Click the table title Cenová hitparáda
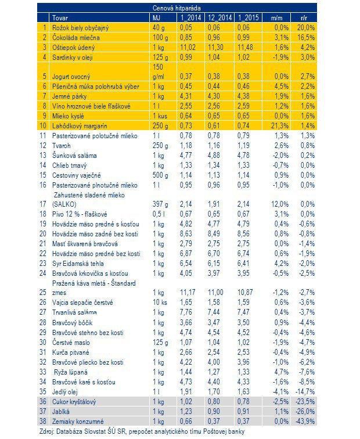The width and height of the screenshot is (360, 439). click(x=177, y=8)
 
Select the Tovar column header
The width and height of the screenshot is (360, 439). click(x=60, y=18)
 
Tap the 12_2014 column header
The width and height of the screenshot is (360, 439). click(x=219, y=17)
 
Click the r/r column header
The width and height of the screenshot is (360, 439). click(x=304, y=18)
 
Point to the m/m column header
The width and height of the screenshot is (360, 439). click(x=276, y=18)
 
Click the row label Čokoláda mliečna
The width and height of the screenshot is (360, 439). click(x=76, y=38)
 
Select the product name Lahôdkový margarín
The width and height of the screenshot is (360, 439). click(x=80, y=126)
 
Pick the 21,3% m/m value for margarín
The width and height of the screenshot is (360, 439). click(x=280, y=126)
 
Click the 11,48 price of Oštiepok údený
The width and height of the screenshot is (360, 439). click(x=245, y=47)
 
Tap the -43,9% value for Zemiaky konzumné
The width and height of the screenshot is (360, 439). click(x=305, y=422)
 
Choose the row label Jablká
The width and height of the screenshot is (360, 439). click(x=61, y=412)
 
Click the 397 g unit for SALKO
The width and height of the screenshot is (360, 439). click(x=160, y=204)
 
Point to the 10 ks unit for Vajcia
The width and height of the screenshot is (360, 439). click(x=160, y=303)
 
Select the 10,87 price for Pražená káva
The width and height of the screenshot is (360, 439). click(x=245, y=292)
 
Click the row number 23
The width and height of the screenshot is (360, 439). click(x=42, y=264)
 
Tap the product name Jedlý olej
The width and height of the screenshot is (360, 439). click(x=64, y=392)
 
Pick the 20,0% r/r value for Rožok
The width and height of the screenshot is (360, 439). click(x=306, y=28)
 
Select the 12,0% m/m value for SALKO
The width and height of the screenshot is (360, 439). click(x=280, y=204)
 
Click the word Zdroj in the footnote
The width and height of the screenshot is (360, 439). click(x=47, y=431)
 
